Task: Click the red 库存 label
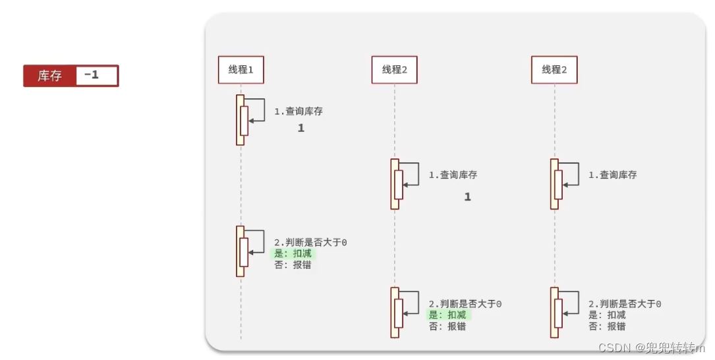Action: click(x=50, y=76)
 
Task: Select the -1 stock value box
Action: click(x=96, y=75)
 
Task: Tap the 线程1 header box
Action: click(x=241, y=70)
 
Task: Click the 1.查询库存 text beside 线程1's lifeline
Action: click(x=299, y=111)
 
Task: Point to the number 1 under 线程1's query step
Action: click(x=301, y=129)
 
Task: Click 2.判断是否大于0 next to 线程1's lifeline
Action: click(x=310, y=243)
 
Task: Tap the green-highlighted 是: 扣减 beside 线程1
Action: click(x=293, y=254)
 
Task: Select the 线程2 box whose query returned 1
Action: click(x=395, y=70)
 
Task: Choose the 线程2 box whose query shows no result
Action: click(x=554, y=70)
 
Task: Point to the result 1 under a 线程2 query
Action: click(x=468, y=197)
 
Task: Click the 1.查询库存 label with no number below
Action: click(x=612, y=175)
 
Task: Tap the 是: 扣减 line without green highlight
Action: click(x=607, y=315)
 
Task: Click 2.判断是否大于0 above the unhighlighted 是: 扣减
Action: click(x=625, y=304)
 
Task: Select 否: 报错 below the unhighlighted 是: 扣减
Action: click(x=607, y=326)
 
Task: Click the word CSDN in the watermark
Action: click(x=616, y=347)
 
